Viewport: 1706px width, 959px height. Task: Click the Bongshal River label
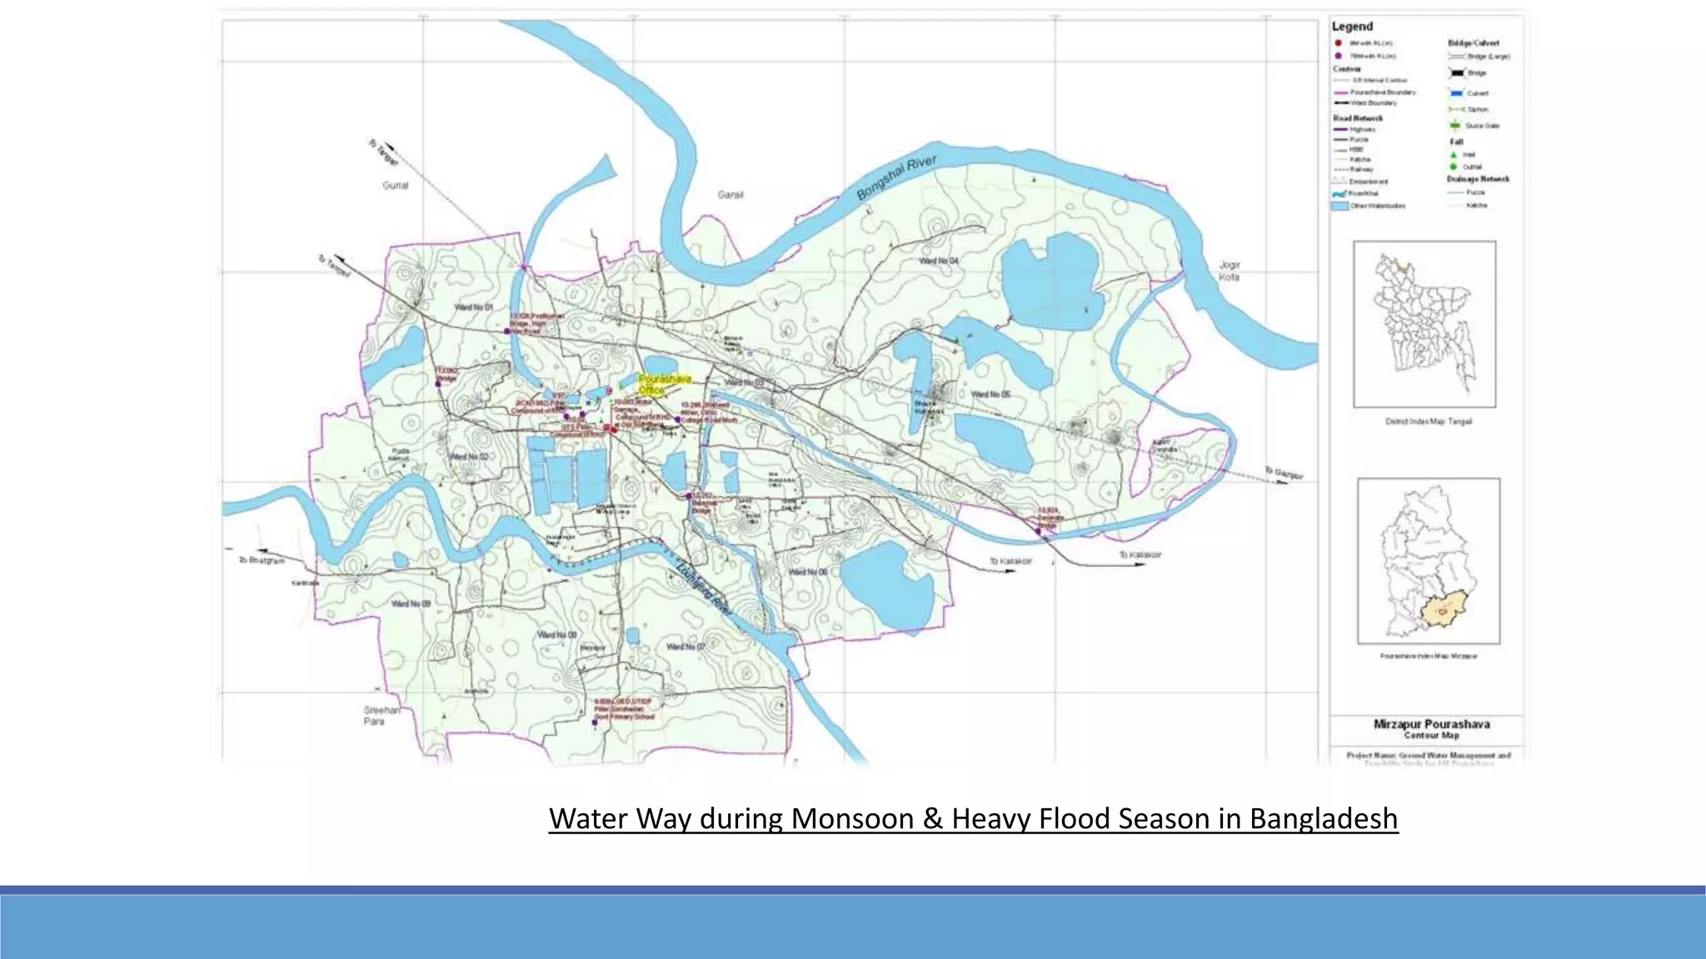[x=896, y=177]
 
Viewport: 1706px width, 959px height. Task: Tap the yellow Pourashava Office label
[x=664, y=384]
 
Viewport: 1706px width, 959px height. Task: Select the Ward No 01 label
[x=473, y=307]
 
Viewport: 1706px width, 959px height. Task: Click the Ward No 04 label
[x=938, y=261]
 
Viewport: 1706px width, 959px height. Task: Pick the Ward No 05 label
[x=990, y=394]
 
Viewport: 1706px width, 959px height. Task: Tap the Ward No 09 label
[x=412, y=603]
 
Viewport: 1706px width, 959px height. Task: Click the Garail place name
[x=731, y=195]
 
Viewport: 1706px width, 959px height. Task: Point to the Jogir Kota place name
[x=1230, y=271]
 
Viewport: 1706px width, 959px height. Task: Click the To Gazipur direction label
[x=1284, y=473]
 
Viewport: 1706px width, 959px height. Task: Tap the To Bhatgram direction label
[x=262, y=560]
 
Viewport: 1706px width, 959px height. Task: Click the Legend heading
[x=1352, y=27]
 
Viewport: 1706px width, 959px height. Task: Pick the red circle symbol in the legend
[x=1338, y=42]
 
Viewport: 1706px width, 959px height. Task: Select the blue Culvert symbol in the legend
[x=1456, y=93]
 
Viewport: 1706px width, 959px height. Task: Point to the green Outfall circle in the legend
[x=1454, y=166]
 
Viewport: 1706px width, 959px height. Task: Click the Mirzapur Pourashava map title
[x=1431, y=724]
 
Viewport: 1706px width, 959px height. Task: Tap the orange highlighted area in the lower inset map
[x=1443, y=612]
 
